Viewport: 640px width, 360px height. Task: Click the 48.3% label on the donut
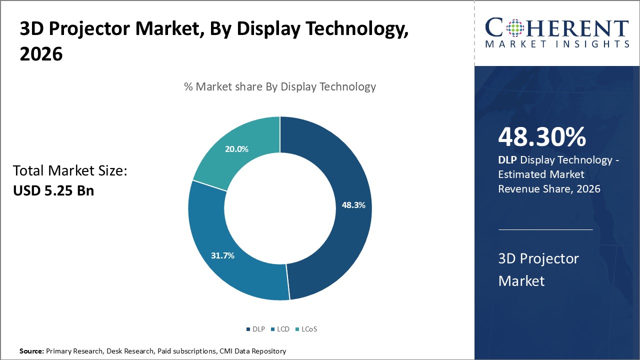[353, 205]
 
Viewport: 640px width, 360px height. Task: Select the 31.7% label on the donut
[222, 255]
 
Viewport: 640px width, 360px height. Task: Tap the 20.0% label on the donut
[237, 149]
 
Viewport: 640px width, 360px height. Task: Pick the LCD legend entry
[280, 329]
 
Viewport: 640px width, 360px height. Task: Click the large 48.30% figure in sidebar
[542, 137]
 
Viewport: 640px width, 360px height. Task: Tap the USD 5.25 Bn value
[53, 190]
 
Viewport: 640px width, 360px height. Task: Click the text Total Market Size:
[70, 171]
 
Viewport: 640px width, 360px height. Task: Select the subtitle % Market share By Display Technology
[279, 86]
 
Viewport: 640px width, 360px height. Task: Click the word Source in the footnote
[31, 351]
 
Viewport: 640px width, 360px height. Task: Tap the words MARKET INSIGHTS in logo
[556, 44]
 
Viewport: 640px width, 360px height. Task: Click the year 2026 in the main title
[41, 54]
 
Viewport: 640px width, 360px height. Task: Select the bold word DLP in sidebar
[508, 160]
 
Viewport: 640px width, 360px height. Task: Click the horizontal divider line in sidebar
[545, 229]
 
